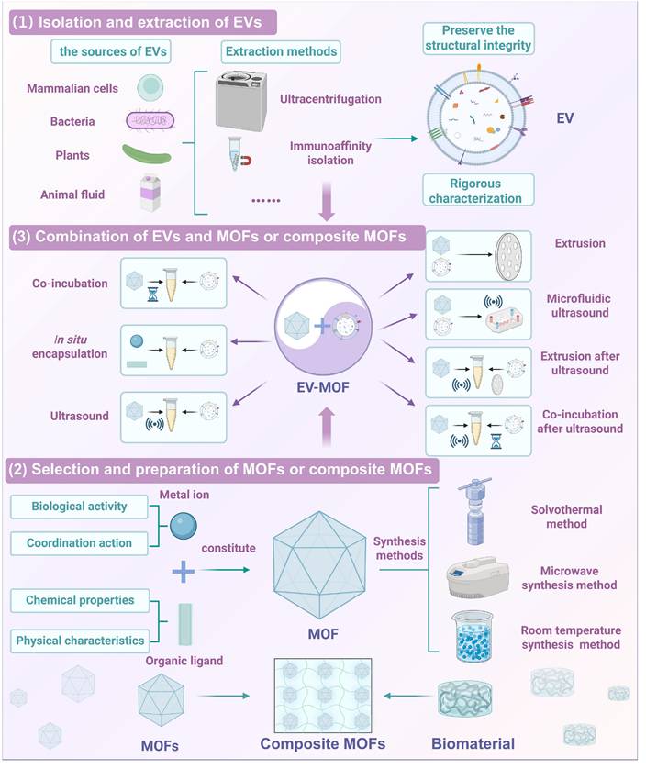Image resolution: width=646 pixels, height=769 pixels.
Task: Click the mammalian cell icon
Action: point(150,87)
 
